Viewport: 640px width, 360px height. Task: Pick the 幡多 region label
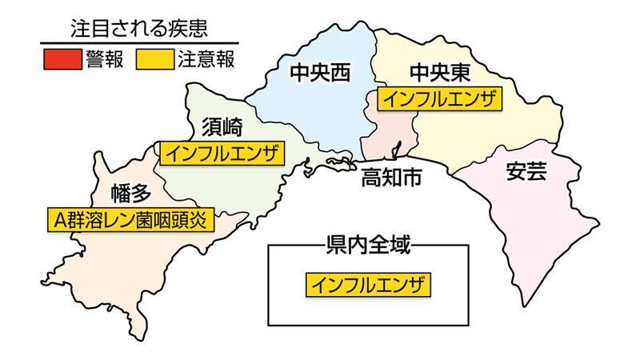[x=131, y=192]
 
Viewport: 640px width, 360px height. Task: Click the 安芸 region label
[x=526, y=170]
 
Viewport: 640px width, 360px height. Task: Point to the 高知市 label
[x=391, y=178]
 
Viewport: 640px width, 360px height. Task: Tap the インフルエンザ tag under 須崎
[x=223, y=152]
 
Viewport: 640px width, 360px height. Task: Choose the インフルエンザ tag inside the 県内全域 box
[x=368, y=283]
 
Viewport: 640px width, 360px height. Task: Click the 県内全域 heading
[x=368, y=245]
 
